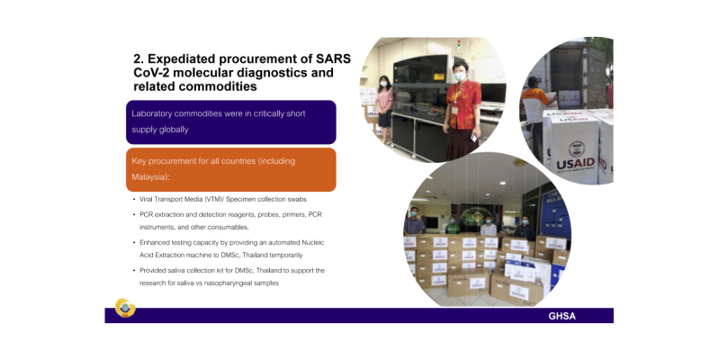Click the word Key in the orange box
tap(139, 161)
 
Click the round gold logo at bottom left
tap(125, 308)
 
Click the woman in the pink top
tap(384, 100)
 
